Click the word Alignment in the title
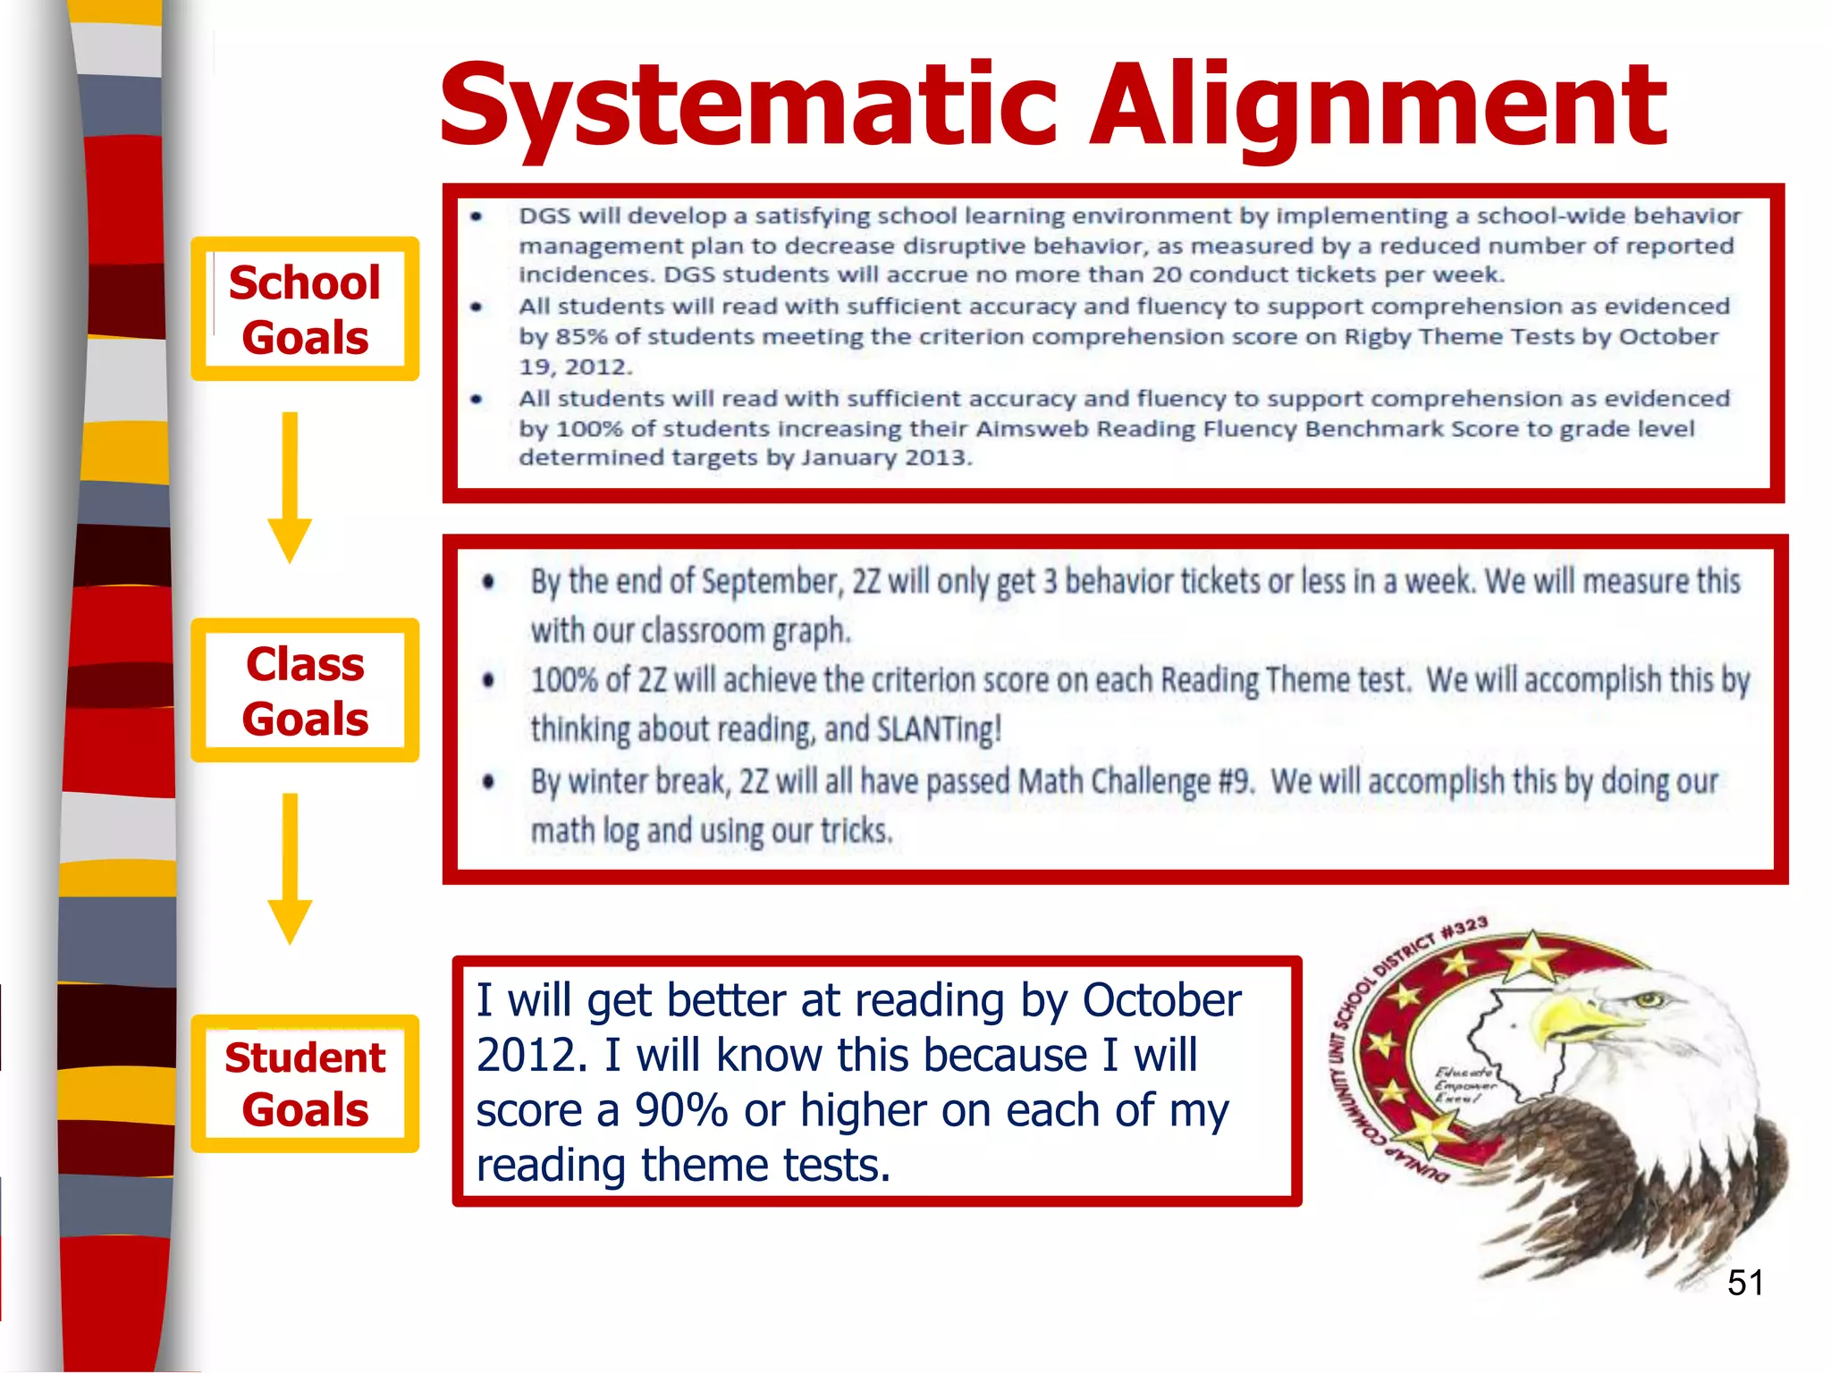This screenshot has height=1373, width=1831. (1378, 105)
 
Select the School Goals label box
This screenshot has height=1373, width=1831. (305, 309)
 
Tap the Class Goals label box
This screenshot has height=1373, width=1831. (305, 691)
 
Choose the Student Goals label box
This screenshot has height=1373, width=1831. (305, 1083)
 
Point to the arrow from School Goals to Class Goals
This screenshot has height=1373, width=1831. (290, 487)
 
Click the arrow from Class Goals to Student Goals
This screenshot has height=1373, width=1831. (290, 868)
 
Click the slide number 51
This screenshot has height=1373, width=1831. (1744, 1283)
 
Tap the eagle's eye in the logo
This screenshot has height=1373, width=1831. (1648, 999)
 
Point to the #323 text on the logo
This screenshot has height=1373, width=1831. (1464, 928)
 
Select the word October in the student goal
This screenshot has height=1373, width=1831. (1161, 1000)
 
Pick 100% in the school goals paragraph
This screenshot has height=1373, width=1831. (588, 429)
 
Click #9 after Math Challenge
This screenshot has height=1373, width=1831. (1236, 781)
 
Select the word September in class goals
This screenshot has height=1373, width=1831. (772, 582)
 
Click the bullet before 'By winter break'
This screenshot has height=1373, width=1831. (488, 782)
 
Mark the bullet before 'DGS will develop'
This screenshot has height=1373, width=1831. (477, 216)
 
